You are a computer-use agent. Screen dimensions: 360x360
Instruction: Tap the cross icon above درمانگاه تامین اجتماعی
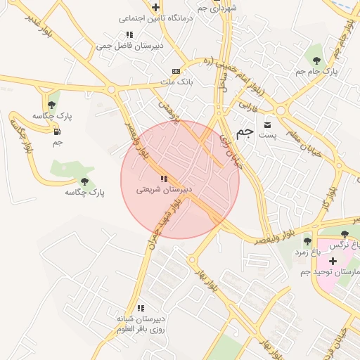click(155, 7)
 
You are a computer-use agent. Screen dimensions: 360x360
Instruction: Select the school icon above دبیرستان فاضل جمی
click(129, 34)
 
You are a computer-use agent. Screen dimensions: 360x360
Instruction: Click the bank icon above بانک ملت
click(175, 71)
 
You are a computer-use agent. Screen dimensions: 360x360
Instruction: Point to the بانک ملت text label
click(176, 82)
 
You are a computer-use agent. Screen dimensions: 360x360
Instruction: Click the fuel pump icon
click(56, 131)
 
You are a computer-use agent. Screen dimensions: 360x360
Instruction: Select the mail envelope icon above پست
click(266, 124)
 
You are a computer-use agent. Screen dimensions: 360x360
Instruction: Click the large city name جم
click(244, 131)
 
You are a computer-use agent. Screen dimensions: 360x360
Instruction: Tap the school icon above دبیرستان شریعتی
click(164, 179)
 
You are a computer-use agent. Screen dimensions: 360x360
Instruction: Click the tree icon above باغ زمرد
click(307, 241)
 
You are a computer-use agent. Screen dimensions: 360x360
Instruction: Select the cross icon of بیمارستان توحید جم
click(333, 261)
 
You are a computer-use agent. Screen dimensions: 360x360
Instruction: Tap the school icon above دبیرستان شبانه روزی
click(141, 307)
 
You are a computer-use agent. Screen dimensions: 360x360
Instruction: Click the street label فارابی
click(250, 106)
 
